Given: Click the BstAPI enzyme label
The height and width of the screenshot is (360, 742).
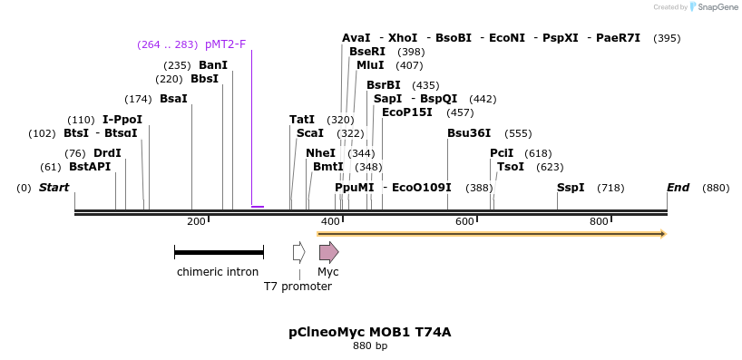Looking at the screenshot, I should pos(90,167).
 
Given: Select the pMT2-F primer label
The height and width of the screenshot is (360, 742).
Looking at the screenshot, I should pos(225,44).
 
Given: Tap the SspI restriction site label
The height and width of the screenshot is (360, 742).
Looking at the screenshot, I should pos(571,188).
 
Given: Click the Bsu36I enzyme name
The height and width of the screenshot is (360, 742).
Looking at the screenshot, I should pos(469,133).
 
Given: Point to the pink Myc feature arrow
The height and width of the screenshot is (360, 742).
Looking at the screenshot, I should pos(328,252).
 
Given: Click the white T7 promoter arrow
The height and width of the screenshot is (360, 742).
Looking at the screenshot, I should pos(298,252).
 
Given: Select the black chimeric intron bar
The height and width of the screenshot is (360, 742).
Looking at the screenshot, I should pos(219,252).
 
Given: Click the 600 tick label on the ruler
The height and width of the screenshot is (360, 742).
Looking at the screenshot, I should pos(464,222).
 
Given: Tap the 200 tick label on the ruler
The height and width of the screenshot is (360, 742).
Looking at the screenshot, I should pos(196,222).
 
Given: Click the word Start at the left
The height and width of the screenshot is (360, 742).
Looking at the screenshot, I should pos(54,188).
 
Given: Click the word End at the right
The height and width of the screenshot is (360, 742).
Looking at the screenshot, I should pos(678,188).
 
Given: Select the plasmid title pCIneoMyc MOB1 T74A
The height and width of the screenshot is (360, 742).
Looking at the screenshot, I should pos(369,332).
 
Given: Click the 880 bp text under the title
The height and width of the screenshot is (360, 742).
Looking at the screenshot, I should pos(369,345).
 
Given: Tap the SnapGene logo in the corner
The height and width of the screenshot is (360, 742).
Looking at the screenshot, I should pos(717,7).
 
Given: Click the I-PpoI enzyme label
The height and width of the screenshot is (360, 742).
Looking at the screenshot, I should pos(122,120).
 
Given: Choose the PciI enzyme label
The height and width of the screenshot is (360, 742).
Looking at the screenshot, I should pos(502,153).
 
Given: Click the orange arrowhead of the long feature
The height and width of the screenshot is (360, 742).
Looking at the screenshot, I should pos(663,234).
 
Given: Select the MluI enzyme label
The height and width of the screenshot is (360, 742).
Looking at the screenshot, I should pos(370,65).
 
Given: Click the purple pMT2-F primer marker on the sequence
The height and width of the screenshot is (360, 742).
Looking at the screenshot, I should pos(258,207).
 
